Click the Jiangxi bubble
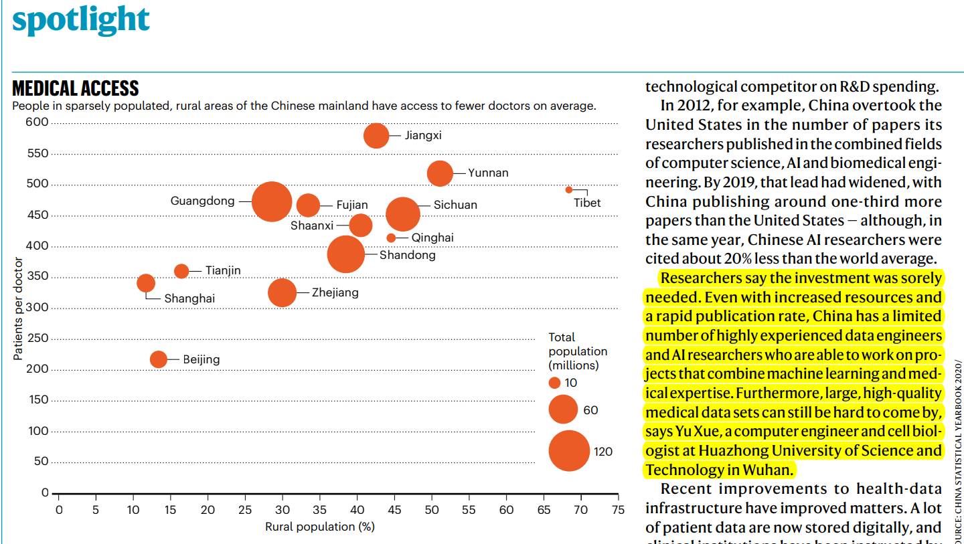click(376, 136)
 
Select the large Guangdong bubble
click(272, 201)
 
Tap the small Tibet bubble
click(569, 190)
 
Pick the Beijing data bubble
click(159, 359)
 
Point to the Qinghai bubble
click(391, 238)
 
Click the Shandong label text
click(407, 255)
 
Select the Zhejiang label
click(335, 292)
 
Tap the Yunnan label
click(488, 173)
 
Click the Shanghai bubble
click(146, 283)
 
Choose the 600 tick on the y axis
click(37, 122)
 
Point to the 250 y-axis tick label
click(37, 339)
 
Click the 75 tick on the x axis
click(618, 511)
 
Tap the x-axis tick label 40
click(357, 511)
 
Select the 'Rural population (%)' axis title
click(319, 527)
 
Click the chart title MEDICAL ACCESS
click(76, 88)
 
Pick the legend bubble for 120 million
click(569, 451)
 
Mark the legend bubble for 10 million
click(554, 383)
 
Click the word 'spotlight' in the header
click(81, 20)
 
